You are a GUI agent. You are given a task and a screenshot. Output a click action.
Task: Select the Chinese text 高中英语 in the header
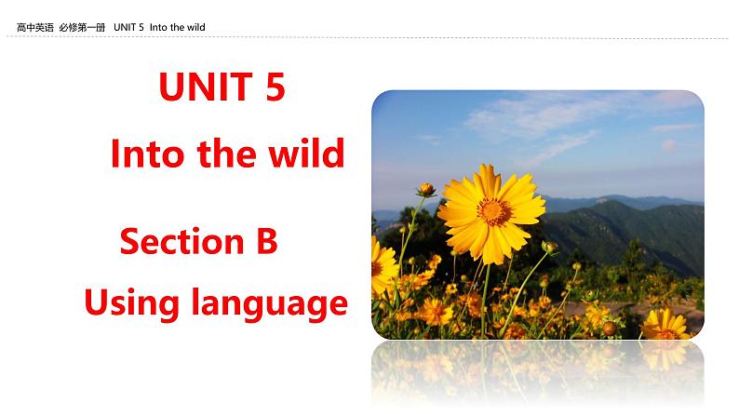[x=35, y=28]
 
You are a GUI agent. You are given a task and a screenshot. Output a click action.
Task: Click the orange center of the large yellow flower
[x=494, y=210]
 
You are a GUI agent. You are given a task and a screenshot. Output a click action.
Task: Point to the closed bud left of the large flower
[x=425, y=190]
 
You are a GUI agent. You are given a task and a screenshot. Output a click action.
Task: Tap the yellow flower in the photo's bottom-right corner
[x=666, y=324]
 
